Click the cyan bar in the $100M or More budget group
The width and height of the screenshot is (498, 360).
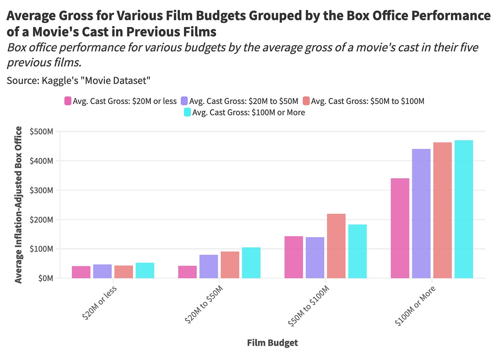click(464, 209)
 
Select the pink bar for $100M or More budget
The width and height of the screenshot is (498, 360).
click(400, 228)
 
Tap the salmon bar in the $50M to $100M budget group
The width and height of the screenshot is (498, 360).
click(336, 246)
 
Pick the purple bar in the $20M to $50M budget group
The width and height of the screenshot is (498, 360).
click(209, 266)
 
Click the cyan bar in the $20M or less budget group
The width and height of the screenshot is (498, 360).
click(145, 270)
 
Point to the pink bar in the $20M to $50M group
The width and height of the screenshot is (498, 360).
click(187, 272)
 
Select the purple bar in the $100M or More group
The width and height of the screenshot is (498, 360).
click(421, 214)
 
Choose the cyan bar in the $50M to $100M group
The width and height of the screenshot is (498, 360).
click(357, 251)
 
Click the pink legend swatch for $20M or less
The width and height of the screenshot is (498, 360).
click(68, 101)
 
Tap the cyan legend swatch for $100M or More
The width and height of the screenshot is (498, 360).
click(187, 112)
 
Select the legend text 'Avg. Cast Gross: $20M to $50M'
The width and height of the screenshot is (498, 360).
click(244, 101)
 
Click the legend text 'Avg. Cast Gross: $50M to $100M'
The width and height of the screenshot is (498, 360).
click(368, 101)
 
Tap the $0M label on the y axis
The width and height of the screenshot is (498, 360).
click(46, 278)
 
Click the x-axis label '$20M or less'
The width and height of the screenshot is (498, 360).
click(100, 303)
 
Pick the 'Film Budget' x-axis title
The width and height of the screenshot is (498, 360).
click(272, 343)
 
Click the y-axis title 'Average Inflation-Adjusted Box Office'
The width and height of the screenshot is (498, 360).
click(18, 205)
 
